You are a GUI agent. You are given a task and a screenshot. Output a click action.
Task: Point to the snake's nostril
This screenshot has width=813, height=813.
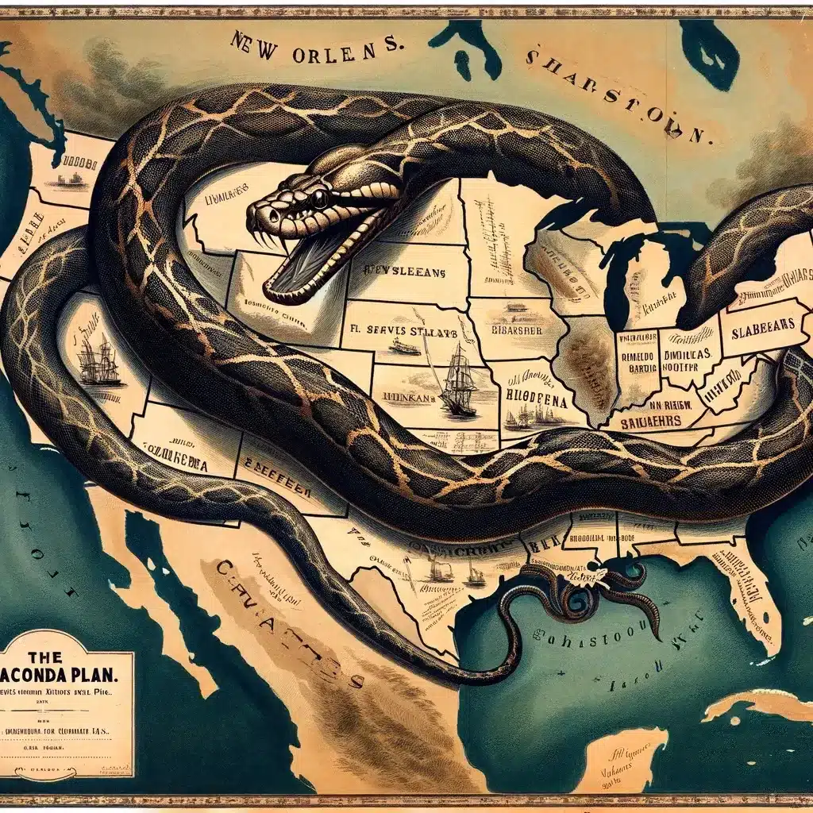[258, 209]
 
